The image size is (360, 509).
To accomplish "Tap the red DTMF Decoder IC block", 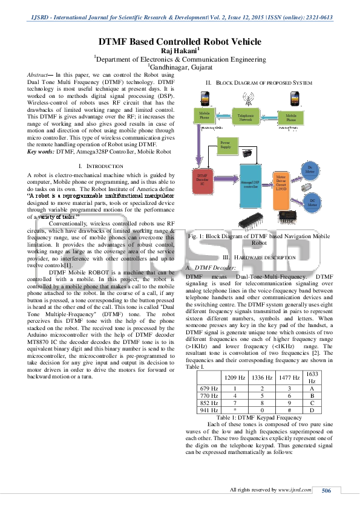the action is tap(203, 178).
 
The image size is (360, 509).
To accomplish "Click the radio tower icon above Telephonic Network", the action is tap(247, 97).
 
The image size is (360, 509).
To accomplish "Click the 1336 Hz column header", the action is tap(257, 377).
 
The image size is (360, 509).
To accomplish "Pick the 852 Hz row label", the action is tap(208, 402).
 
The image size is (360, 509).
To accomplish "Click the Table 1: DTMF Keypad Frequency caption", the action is tap(259, 417).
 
